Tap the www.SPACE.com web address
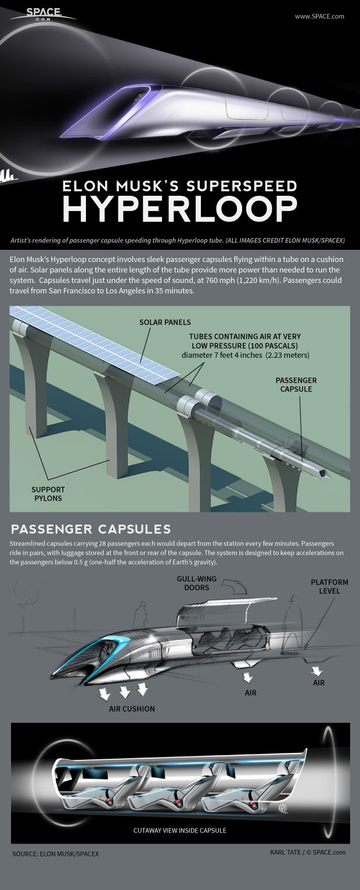[319, 16]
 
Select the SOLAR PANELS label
[165, 322]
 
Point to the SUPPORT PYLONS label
[48, 494]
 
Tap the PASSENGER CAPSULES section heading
[91, 529]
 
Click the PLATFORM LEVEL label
[329, 587]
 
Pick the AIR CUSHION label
[132, 709]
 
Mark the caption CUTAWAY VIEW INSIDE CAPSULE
[179, 830]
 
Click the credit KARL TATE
[286, 852]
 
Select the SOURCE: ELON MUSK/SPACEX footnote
[55, 854]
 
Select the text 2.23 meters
[289, 355]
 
